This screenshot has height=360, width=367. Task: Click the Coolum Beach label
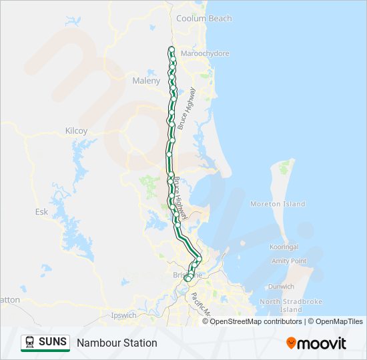click(x=204, y=19)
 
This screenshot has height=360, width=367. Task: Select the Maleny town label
click(x=146, y=81)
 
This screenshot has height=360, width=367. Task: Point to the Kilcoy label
click(x=76, y=131)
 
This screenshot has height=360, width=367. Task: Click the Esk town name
click(x=41, y=211)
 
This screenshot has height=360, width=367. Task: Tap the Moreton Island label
click(x=278, y=204)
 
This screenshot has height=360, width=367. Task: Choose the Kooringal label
click(x=283, y=247)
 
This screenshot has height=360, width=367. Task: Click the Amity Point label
click(x=289, y=261)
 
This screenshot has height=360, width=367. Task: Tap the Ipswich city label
click(x=124, y=315)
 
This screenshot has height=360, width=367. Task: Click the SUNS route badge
click(x=45, y=343)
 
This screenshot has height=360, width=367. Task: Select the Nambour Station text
click(x=117, y=343)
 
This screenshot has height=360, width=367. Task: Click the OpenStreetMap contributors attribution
click(x=256, y=321)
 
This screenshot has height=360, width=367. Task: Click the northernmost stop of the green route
click(x=171, y=49)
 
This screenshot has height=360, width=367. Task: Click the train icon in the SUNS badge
click(x=30, y=343)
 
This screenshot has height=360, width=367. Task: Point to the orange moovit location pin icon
click(x=291, y=343)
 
